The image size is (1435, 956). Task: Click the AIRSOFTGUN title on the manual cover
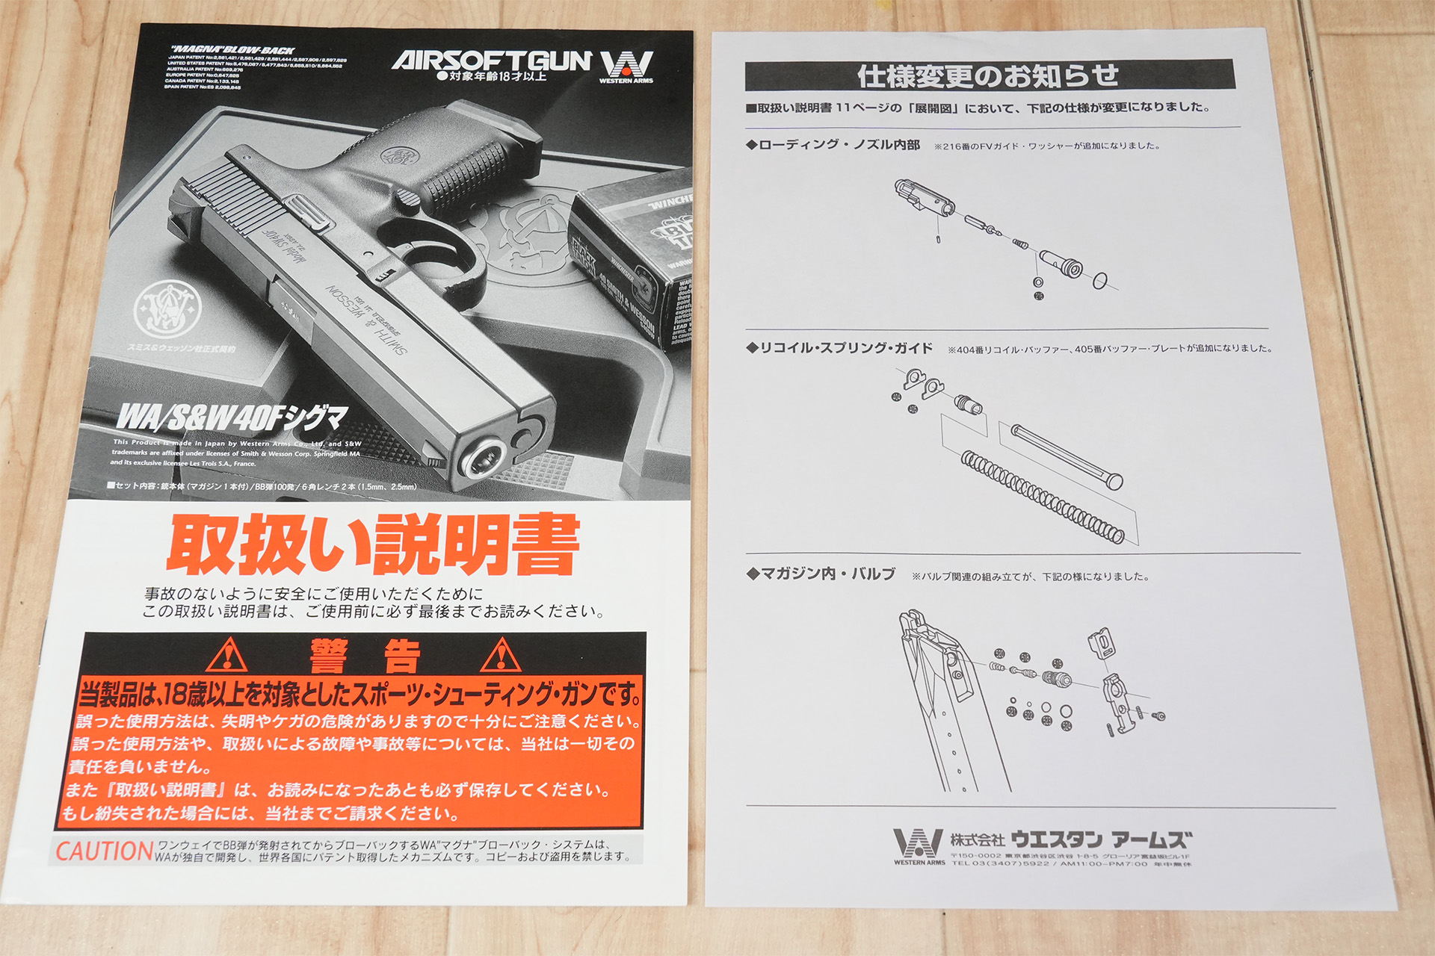pyautogui.click(x=491, y=60)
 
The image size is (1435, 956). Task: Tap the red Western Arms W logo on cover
pyautogui.click(x=626, y=63)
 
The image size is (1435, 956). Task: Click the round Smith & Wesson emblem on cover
pyautogui.click(x=167, y=308)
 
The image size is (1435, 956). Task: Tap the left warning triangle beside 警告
pyautogui.click(x=226, y=656)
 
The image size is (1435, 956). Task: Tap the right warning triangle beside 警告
pyautogui.click(x=501, y=656)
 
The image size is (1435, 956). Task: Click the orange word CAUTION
pyautogui.click(x=104, y=851)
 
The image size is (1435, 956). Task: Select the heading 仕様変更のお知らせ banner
pyautogui.click(x=988, y=75)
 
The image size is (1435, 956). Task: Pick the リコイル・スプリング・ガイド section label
pyautogui.click(x=845, y=348)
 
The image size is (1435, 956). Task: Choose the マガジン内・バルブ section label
pyautogui.click(x=827, y=574)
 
